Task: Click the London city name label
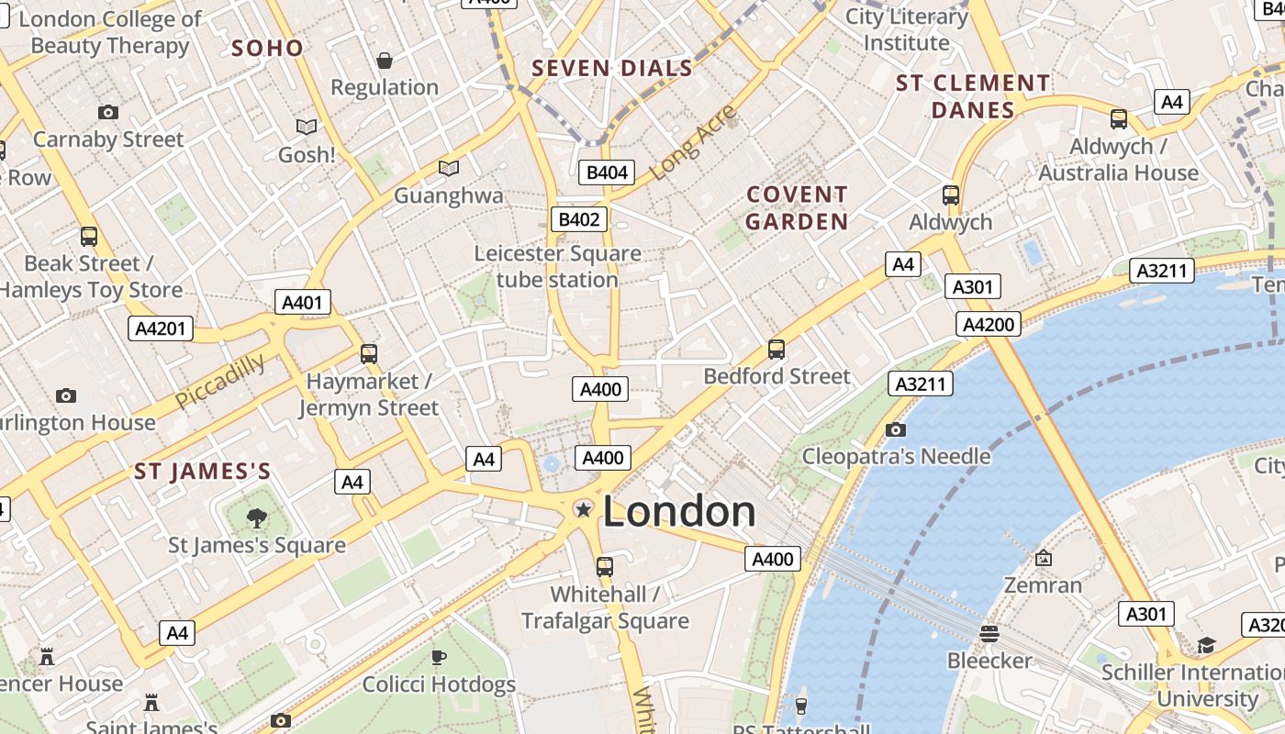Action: click(x=679, y=512)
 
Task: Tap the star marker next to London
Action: click(x=583, y=508)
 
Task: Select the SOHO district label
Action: click(x=267, y=49)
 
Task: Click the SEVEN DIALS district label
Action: click(x=612, y=68)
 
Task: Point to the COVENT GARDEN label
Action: click(x=797, y=208)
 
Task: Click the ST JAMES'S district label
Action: click(x=202, y=472)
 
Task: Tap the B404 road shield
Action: click(x=607, y=172)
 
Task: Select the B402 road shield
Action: click(x=579, y=219)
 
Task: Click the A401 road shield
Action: click(x=302, y=302)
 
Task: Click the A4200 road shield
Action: click(x=988, y=324)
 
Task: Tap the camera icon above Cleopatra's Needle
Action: click(x=896, y=429)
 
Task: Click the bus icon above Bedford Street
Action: click(x=777, y=350)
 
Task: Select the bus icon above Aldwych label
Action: click(x=951, y=195)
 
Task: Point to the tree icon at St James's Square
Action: click(x=257, y=518)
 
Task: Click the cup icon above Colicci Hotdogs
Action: click(x=439, y=657)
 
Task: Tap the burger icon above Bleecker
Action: click(x=989, y=633)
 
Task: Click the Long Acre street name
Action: click(x=694, y=142)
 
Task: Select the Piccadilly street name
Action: click(x=220, y=381)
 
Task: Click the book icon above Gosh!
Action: click(x=307, y=127)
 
